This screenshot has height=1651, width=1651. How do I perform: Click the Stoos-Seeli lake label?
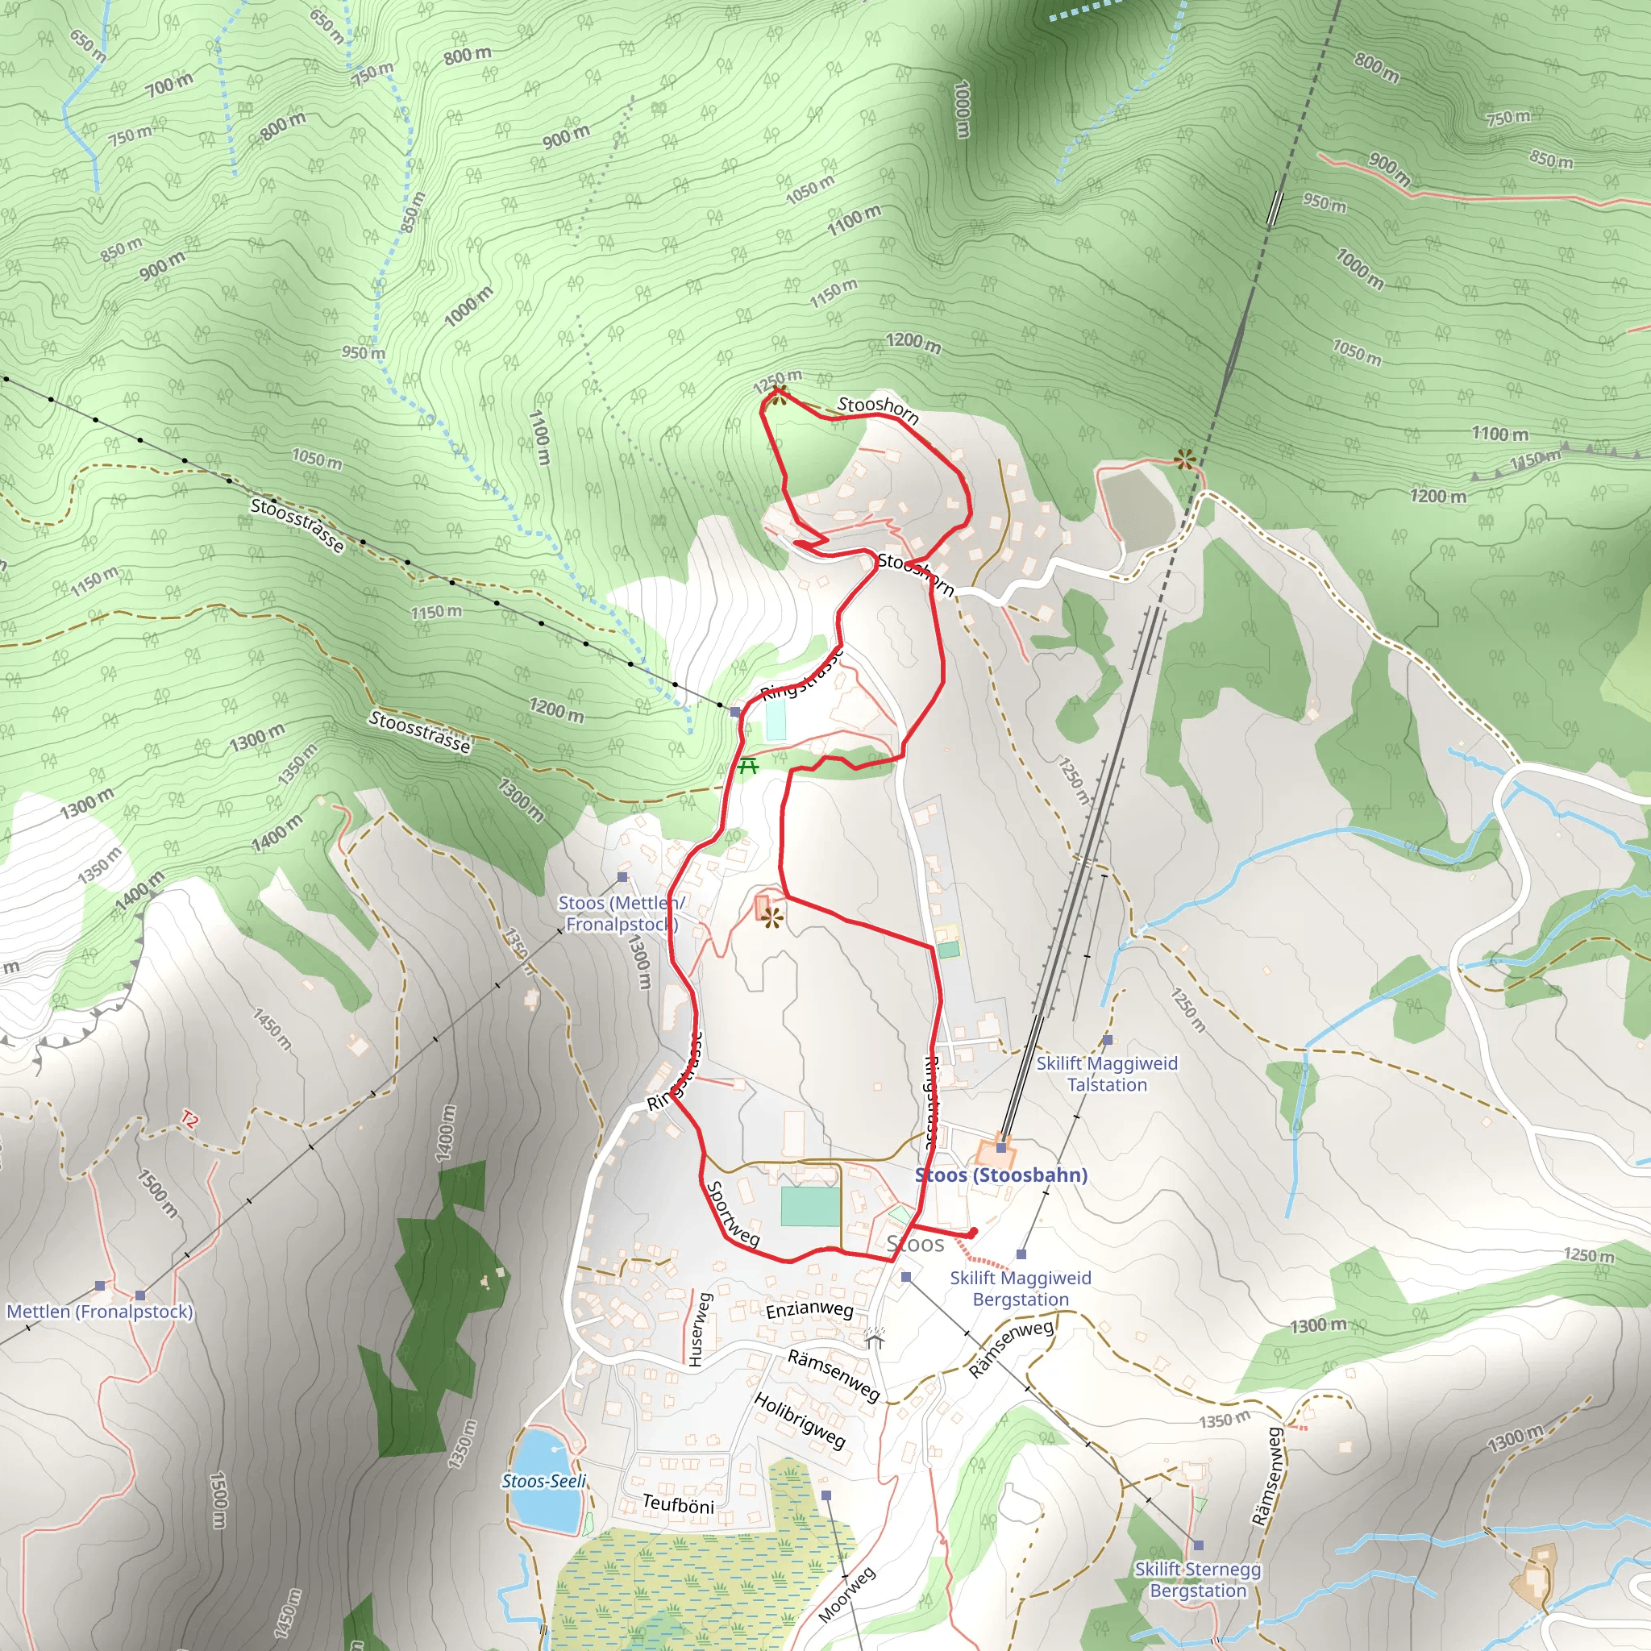(x=543, y=1481)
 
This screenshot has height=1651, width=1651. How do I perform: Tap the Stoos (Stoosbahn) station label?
(x=1000, y=1175)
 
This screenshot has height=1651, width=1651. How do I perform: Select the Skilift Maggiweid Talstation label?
(x=1107, y=1074)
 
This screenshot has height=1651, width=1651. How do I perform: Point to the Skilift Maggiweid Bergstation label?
(x=1021, y=1289)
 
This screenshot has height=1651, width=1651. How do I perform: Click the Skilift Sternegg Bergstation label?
(x=1197, y=1580)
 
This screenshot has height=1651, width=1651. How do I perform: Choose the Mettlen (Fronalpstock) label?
(x=100, y=1311)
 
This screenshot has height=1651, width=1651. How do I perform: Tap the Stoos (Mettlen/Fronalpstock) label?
(x=622, y=913)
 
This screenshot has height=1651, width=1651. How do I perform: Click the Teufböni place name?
(x=678, y=1504)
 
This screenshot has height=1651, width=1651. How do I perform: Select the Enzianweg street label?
(x=809, y=1310)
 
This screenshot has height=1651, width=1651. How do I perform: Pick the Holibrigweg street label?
(x=800, y=1420)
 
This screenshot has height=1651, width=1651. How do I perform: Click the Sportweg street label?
(x=732, y=1214)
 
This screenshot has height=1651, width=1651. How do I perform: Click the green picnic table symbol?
(x=749, y=766)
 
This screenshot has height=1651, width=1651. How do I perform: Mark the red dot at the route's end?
(x=972, y=1233)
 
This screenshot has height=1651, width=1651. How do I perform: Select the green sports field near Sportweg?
(x=810, y=1207)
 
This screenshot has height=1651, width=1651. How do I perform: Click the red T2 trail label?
(x=189, y=1120)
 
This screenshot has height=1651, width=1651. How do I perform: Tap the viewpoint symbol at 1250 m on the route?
(x=778, y=395)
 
